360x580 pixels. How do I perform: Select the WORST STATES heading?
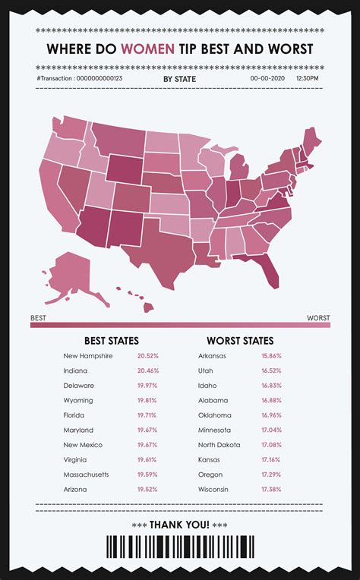[240, 341]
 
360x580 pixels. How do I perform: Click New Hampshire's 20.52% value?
[148, 356]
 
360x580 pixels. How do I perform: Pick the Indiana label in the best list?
[75, 370]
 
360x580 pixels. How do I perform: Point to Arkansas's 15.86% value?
[270, 356]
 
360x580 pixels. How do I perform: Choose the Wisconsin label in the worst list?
[213, 490]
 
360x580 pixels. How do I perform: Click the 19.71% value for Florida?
[148, 415]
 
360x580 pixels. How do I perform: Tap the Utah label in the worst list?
[205, 370]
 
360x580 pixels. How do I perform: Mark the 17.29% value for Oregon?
[270, 474]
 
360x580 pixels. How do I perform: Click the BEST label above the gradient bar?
[38, 317]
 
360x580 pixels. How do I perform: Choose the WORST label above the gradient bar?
[318, 317]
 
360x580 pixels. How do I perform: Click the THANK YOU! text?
[179, 524]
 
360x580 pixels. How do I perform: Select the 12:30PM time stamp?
[308, 78]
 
